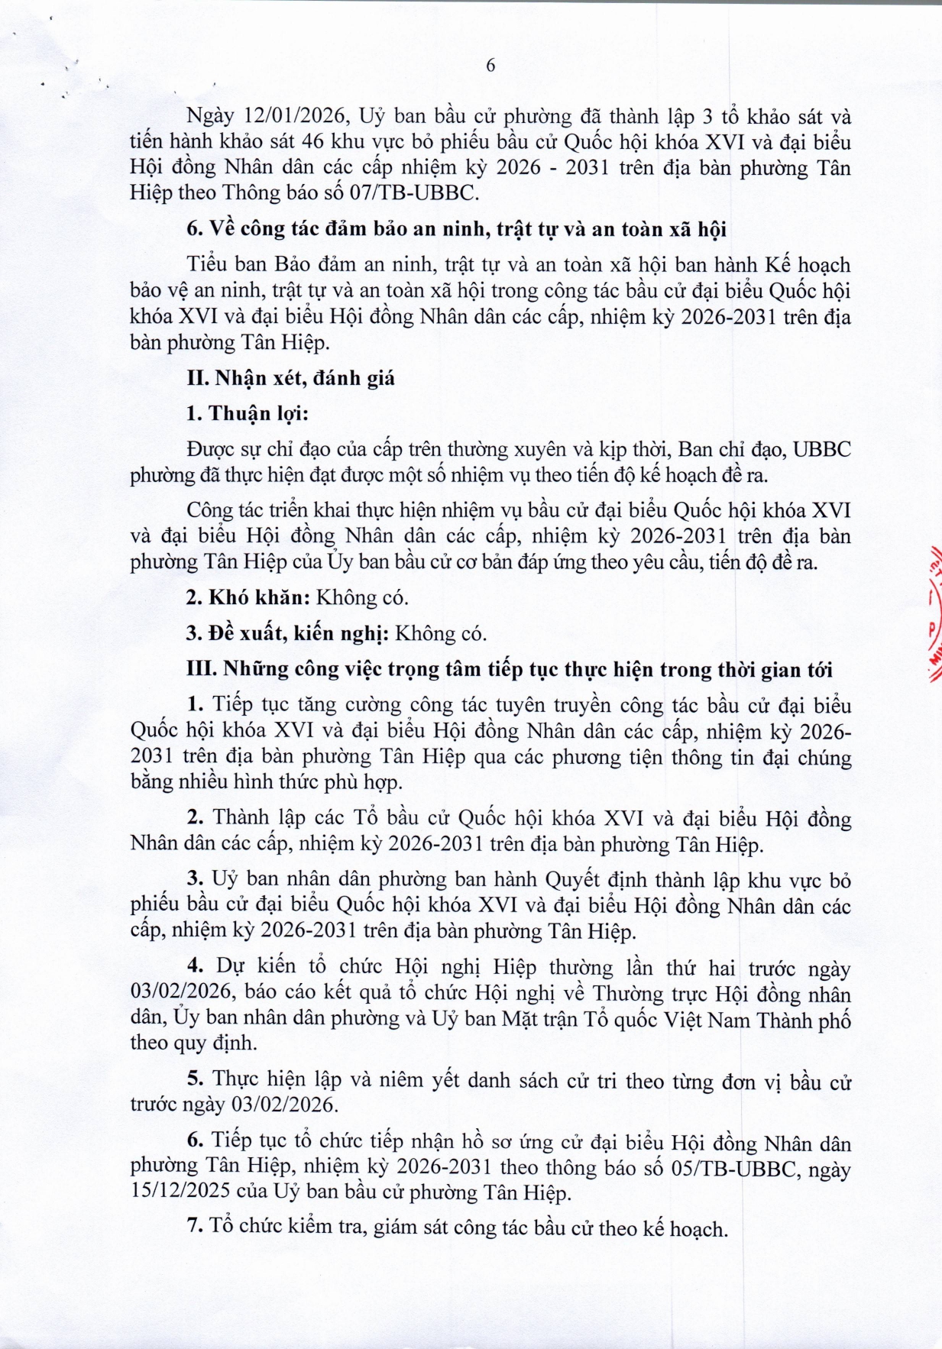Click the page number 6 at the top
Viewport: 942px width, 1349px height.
[x=490, y=66]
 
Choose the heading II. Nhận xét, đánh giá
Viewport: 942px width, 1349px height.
[x=290, y=378]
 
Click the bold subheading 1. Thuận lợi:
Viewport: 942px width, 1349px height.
[x=247, y=413]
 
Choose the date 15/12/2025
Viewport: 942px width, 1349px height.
[x=180, y=1193]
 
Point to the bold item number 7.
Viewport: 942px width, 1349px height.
[x=194, y=1227]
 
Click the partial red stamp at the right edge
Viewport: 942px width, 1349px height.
[x=933, y=611]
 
